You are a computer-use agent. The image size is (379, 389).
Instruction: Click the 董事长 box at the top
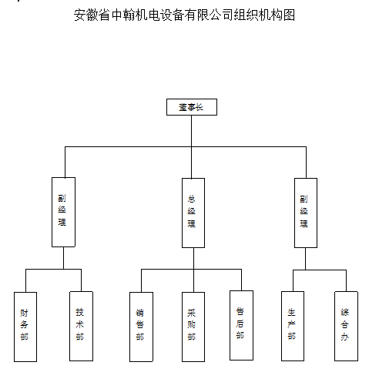(x=192, y=107)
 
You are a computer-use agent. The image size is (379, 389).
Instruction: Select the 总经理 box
(x=193, y=213)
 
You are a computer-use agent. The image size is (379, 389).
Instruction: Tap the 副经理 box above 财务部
(x=63, y=212)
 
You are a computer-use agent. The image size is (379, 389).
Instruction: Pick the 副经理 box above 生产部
(x=306, y=213)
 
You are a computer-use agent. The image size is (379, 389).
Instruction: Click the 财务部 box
(x=25, y=327)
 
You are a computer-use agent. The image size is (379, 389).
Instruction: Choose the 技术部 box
(x=81, y=326)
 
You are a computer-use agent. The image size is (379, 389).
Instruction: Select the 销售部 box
(x=141, y=327)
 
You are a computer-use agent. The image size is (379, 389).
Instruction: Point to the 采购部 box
(x=193, y=327)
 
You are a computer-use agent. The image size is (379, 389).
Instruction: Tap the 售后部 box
(x=241, y=325)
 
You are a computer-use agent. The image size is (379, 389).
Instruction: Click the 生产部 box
(x=293, y=326)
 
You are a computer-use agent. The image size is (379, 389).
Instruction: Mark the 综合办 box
(x=346, y=326)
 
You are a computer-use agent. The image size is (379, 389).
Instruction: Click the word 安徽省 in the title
(x=92, y=15)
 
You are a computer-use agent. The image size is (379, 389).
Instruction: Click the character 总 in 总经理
(x=191, y=199)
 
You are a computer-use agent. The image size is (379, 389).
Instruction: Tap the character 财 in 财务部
(x=24, y=313)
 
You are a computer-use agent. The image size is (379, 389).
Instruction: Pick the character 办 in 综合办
(x=344, y=337)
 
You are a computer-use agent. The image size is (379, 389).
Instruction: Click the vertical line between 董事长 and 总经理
(x=191, y=147)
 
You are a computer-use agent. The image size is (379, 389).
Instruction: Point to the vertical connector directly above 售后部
(x=241, y=280)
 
